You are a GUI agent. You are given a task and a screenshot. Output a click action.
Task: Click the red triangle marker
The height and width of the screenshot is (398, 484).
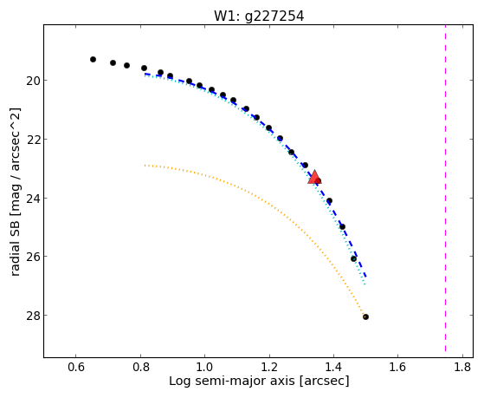pyautogui.click(x=314, y=177)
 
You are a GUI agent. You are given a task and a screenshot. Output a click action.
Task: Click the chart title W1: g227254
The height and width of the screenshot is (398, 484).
pyautogui.click(x=259, y=16)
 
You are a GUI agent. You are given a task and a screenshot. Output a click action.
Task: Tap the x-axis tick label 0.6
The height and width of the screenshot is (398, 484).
pyautogui.click(x=76, y=367)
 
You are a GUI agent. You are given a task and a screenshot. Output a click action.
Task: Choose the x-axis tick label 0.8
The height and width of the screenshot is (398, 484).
pyautogui.click(x=141, y=367)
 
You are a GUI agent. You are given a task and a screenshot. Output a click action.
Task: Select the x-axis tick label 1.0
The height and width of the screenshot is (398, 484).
pyautogui.click(x=205, y=367)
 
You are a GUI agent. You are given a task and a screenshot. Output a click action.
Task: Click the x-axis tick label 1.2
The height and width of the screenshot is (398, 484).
pyautogui.click(x=269, y=367)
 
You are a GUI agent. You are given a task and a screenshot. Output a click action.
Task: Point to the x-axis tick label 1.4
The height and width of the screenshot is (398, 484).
pyautogui.click(x=333, y=367)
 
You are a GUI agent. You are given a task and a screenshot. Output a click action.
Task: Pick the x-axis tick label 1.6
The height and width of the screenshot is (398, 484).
pyautogui.click(x=398, y=367)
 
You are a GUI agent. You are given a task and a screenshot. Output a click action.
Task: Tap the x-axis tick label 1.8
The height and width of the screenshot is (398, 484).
pyautogui.click(x=462, y=367)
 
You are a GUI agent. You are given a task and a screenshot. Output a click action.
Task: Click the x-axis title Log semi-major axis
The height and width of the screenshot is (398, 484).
pyautogui.click(x=232, y=381)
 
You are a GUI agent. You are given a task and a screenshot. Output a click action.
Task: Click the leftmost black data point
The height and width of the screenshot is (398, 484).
pyautogui.click(x=93, y=59)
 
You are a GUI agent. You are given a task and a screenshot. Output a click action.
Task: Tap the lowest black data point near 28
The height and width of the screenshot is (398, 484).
pyautogui.click(x=365, y=316)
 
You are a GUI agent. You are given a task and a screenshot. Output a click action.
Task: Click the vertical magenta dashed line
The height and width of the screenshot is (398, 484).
pyautogui.click(x=445, y=188)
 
